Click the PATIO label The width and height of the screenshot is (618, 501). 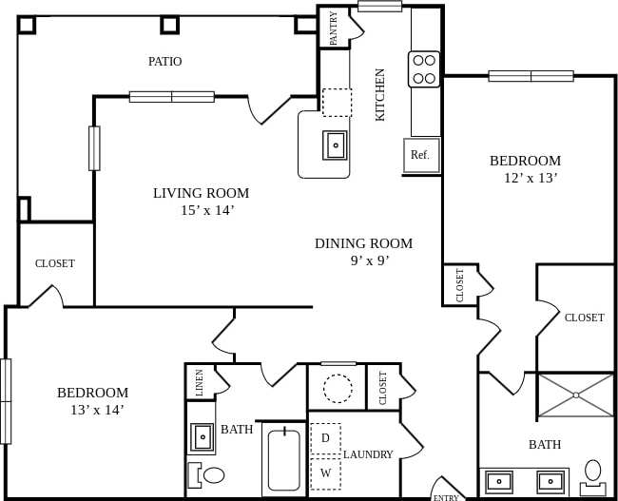click(164, 62)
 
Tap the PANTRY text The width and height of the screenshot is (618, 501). click(334, 28)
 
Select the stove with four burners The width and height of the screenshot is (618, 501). click(424, 69)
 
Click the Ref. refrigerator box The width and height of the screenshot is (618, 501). click(420, 155)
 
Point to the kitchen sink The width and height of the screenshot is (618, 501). click(336, 145)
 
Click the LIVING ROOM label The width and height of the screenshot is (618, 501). click(201, 193)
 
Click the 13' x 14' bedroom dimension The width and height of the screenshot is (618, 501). click(96, 410)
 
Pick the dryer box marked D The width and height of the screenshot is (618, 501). click(325, 438)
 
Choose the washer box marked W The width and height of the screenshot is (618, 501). click(325, 472)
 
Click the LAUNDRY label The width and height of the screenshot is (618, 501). click(368, 454)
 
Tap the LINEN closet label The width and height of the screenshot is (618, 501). click(199, 382)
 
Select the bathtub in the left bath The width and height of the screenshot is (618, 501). click(283, 460)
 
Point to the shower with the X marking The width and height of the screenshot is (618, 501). click(576, 395)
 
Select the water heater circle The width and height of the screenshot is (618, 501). click(338, 388)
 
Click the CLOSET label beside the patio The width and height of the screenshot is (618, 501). click(55, 263)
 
